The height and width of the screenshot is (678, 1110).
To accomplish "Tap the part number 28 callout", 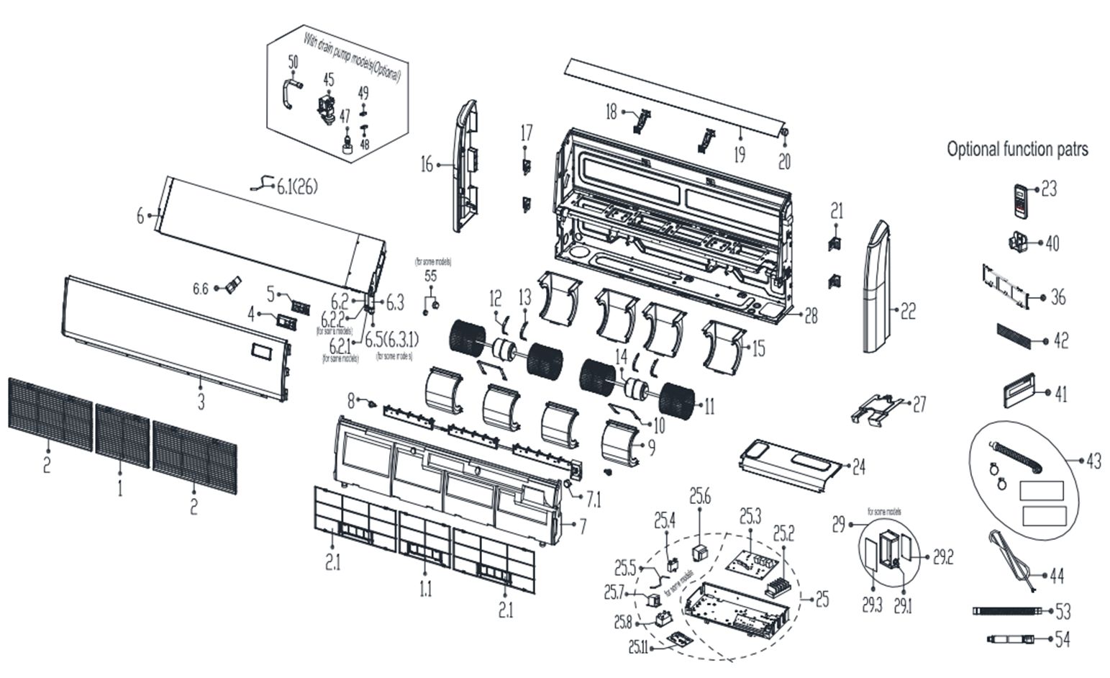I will tap(811, 315).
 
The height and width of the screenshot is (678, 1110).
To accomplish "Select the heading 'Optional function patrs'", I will tap(1017, 149).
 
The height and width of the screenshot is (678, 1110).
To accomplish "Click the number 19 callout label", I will tap(740, 154).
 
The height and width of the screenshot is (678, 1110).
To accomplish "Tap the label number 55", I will tap(430, 276).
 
